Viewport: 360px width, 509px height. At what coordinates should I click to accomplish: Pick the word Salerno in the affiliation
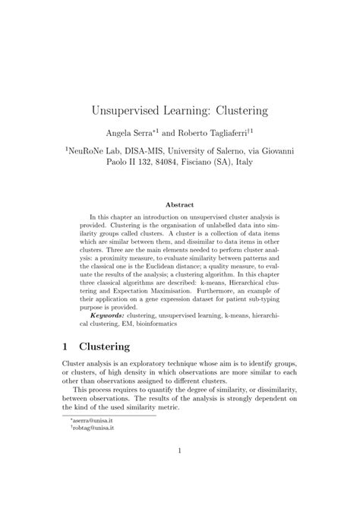click(232, 151)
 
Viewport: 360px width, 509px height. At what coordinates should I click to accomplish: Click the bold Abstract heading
click(179, 204)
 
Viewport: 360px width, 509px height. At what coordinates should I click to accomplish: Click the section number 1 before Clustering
click(66, 346)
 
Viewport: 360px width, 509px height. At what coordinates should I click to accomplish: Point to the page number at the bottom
click(179, 471)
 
